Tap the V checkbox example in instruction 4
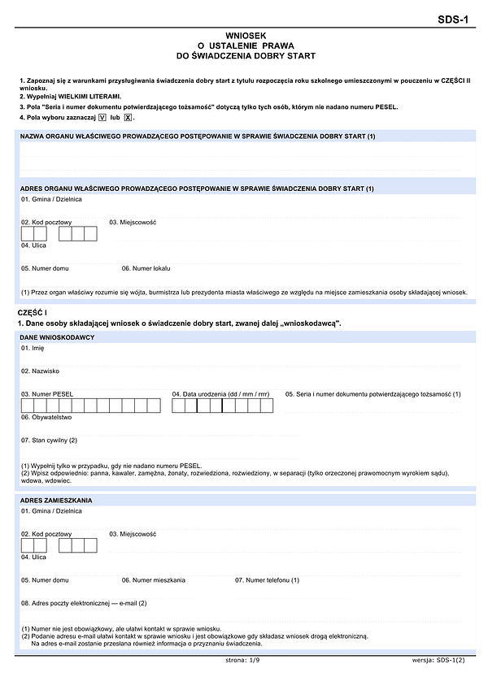click(102, 118)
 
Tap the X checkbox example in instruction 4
click(128, 118)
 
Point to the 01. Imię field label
click(33, 348)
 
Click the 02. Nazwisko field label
click(41, 371)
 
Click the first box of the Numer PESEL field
click(28, 406)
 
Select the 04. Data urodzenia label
click(221, 394)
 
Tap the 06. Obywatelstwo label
click(46, 417)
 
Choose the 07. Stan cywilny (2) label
click(49, 440)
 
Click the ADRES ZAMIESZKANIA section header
click(57, 500)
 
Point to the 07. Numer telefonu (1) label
click(268, 579)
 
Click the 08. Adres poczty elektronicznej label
click(84, 603)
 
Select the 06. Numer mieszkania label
click(154, 579)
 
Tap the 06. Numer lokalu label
click(146, 267)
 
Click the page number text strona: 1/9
click(244, 661)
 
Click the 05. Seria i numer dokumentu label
click(373, 394)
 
